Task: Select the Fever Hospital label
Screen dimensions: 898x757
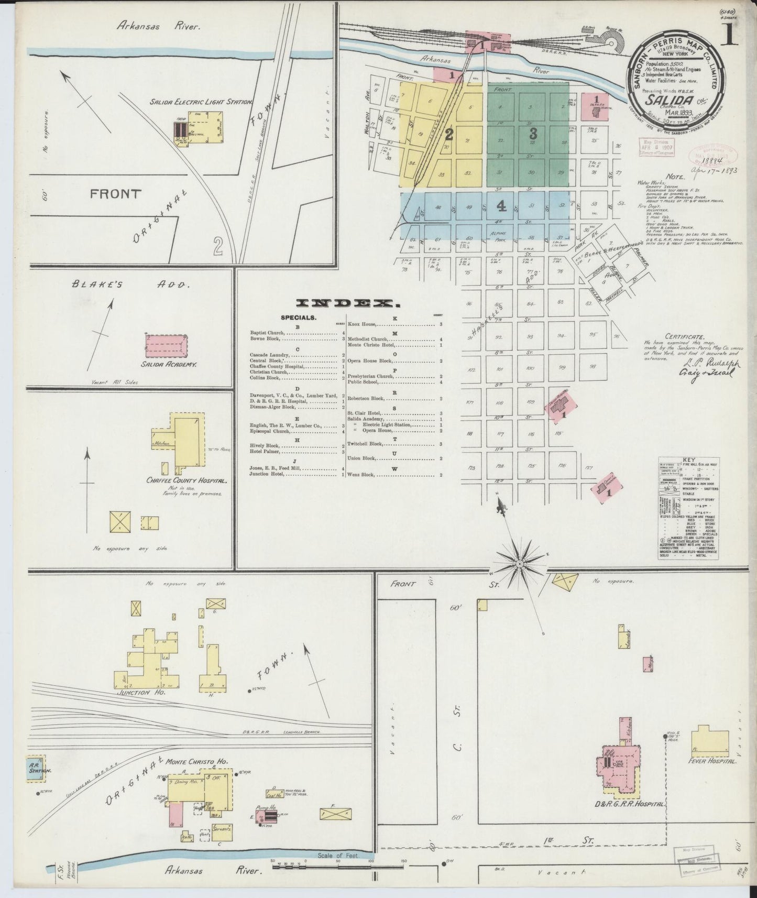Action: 712,761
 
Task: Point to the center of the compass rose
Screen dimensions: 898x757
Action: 519,564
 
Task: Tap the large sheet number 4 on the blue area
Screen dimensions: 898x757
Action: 501,206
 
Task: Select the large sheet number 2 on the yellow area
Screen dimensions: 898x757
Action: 448,135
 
